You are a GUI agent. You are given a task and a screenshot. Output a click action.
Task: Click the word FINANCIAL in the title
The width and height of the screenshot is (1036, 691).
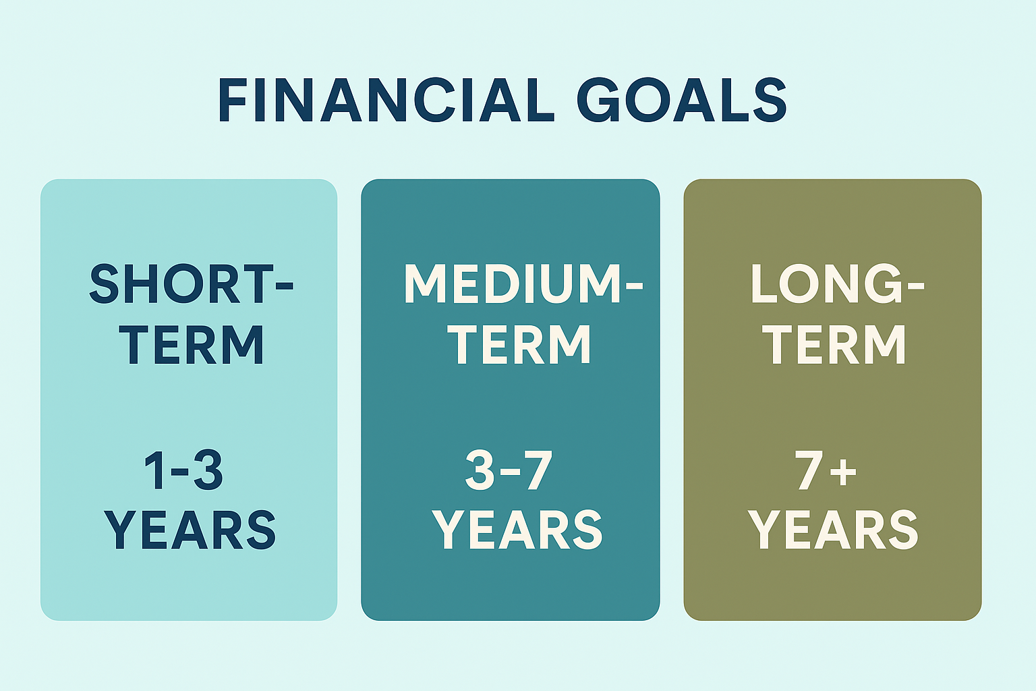pyautogui.click(x=386, y=100)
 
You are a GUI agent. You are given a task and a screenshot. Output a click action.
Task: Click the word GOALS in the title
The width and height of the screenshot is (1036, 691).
pyautogui.click(x=682, y=100)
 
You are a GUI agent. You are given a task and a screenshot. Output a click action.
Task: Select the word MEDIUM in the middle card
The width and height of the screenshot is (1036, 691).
pyautogui.click(x=513, y=283)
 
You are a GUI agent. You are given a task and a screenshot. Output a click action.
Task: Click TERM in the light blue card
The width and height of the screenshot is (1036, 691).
pyautogui.click(x=192, y=344)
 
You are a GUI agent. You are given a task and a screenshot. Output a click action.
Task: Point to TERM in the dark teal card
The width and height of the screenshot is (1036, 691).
pyautogui.click(x=519, y=344)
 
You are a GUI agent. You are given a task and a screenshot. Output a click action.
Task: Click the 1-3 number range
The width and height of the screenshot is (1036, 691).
pyautogui.click(x=183, y=470)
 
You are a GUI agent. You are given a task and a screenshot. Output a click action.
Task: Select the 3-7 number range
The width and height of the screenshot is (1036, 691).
pyautogui.click(x=509, y=470)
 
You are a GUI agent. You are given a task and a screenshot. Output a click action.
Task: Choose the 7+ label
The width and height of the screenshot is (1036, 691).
pyautogui.click(x=826, y=470)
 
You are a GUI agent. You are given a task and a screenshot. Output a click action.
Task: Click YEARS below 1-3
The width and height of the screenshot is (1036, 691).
pyautogui.click(x=190, y=530)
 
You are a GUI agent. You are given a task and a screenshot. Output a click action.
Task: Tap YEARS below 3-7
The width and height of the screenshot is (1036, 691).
pyautogui.click(x=517, y=530)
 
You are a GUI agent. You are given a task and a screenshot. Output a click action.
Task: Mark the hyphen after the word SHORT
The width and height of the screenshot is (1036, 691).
pyautogui.click(x=285, y=285)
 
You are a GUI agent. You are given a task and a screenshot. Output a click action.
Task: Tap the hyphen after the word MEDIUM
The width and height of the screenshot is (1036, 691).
pyautogui.click(x=633, y=285)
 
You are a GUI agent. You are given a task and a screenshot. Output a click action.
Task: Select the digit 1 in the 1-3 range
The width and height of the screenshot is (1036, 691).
pyautogui.click(x=154, y=470)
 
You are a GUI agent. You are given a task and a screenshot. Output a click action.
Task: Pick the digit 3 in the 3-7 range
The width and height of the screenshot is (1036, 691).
pyautogui.click(x=480, y=470)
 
